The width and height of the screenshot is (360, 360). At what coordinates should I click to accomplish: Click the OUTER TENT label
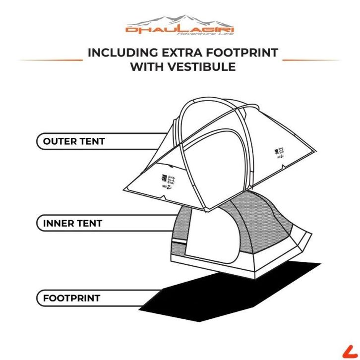[74, 141]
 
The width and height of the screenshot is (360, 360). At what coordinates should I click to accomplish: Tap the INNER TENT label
[72, 223]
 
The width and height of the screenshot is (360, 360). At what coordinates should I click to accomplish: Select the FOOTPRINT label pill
[71, 298]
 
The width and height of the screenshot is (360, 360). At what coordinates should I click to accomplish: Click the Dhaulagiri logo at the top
[180, 26]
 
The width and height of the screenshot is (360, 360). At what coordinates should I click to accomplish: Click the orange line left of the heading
[50, 60]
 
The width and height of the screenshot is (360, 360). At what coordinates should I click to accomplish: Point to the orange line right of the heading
[311, 60]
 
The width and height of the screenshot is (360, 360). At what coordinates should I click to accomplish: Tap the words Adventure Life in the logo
[208, 34]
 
